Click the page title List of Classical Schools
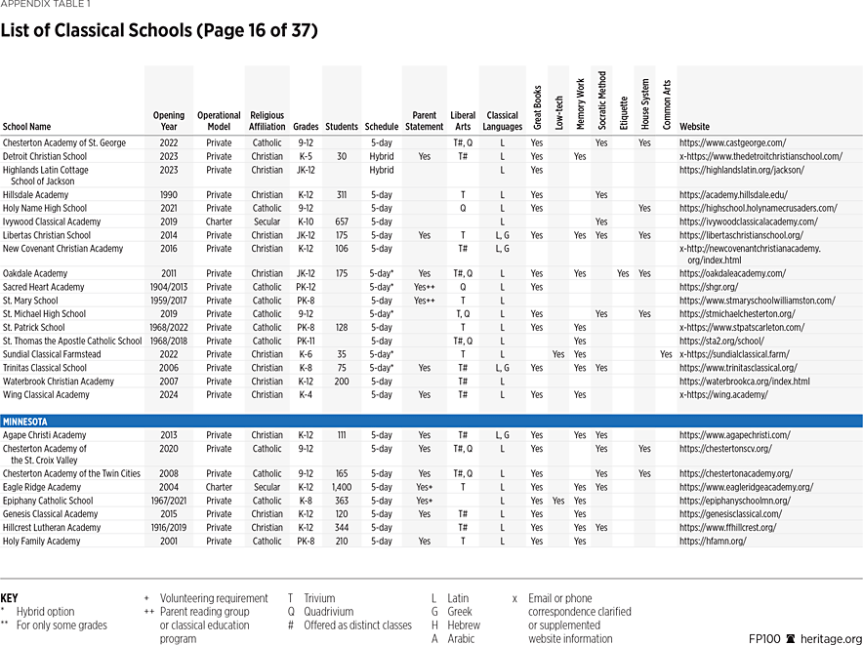coord(158,30)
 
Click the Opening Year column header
coord(168,121)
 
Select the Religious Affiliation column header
coord(267,121)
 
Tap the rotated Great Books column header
coord(537,106)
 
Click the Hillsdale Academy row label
coord(35,194)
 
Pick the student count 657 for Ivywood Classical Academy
coord(342,222)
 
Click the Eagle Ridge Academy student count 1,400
coord(342,487)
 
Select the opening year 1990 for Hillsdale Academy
coord(168,194)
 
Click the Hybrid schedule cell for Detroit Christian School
coord(382,156)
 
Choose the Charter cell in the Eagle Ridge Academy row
coord(219,487)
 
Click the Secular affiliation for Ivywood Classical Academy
coord(267,222)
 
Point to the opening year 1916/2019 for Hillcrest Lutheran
coord(168,527)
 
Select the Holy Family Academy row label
coord(41,541)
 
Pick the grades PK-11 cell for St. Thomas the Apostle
coord(305,341)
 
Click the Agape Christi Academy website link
coord(734,434)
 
